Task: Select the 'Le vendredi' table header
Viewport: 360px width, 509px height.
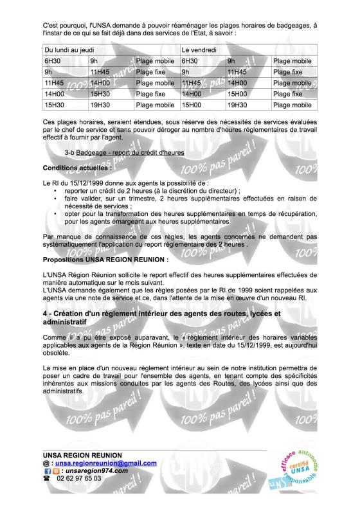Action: coord(196,49)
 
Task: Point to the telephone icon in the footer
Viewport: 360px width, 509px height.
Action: coord(46,479)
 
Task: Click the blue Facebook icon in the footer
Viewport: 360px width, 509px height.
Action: coord(47,470)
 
